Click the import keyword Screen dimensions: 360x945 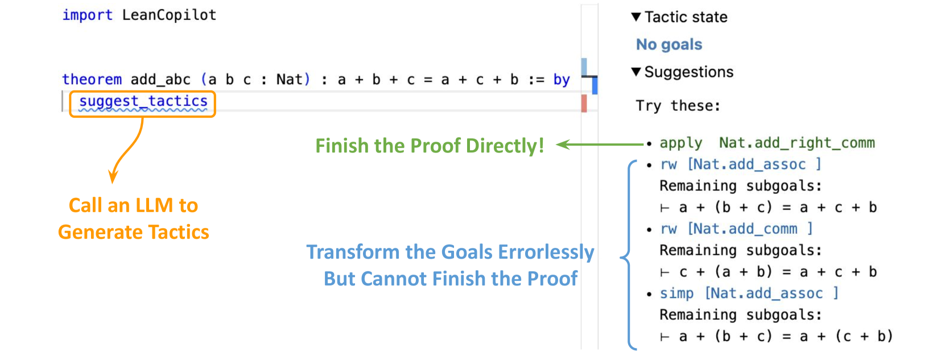click(87, 15)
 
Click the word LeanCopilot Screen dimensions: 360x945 click(169, 15)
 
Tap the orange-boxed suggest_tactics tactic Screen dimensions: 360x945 click(143, 102)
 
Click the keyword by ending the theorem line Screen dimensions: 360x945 click(561, 80)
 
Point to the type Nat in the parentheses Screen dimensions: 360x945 click(290, 79)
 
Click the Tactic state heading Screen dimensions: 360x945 click(685, 17)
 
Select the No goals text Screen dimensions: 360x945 click(669, 44)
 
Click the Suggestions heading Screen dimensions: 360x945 click(688, 72)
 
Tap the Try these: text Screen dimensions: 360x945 click(678, 106)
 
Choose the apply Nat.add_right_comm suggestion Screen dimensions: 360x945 click(767, 143)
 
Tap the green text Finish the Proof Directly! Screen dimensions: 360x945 click(430, 146)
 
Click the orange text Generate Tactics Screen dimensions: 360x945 click(134, 232)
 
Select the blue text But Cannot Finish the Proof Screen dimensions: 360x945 click(451, 279)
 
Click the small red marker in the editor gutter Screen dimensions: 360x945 click(584, 104)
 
